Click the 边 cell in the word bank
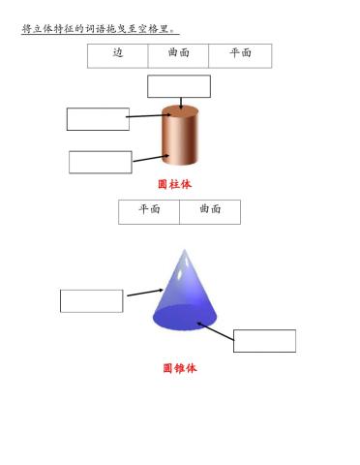(x=118, y=53)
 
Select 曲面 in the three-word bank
(x=179, y=53)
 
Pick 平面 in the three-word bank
(x=240, y=53)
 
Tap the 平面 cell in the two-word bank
(x=149, y=209)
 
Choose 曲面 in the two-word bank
(x=210, y=209)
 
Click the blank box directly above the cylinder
(x=179, y=86)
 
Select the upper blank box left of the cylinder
(x=98, y=119)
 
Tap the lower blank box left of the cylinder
(x=100, y=162)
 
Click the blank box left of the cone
(x=91, y=300)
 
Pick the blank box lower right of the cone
(x=264, y=341)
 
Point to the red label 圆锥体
(x=180, y=368)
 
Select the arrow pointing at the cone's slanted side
(x=144, y=292)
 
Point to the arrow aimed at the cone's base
(x=215, y=329)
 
